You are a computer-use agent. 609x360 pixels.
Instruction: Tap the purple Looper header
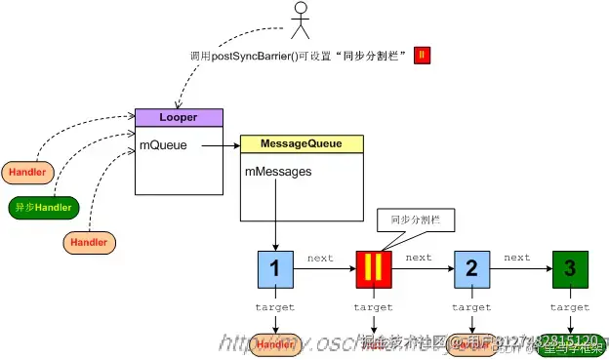pos(179,117)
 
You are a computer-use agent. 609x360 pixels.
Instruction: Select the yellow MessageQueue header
pos(302,143)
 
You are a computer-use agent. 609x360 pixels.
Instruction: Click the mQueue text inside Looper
pos(163,145)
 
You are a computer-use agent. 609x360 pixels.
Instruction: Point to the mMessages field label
pos(279,172)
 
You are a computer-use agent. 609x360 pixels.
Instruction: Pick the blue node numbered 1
pos(276,269)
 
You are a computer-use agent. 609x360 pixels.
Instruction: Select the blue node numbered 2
pos(471,269)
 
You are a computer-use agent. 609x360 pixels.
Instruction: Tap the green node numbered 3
pos(570,269)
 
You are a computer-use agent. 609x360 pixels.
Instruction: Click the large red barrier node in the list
pos(374,269)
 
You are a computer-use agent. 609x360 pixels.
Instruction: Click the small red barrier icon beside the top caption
pos(422,56)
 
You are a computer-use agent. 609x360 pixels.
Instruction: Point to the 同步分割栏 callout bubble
pos(415,220)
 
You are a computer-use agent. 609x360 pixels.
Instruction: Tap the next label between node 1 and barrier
pos(320,259)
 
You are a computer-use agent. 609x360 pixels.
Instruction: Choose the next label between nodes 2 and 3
pos(517,259)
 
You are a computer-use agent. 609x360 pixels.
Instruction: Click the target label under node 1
pos(275,307)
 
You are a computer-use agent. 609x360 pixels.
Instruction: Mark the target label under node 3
pos(570,307)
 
